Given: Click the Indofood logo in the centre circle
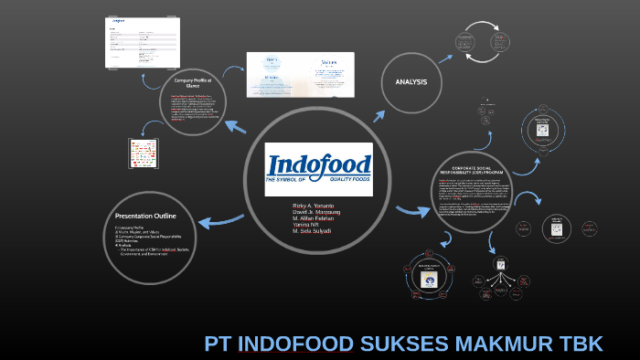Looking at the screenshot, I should [319, 167].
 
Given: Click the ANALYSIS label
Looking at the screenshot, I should [411, 82].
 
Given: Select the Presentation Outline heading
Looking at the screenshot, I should [145, 216].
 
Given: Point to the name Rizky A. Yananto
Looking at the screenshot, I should [313, 206].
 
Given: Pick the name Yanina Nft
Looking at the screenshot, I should [305, 226].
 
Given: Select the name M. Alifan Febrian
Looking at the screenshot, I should [314, 219].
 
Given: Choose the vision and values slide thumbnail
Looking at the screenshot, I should [300, 75].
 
